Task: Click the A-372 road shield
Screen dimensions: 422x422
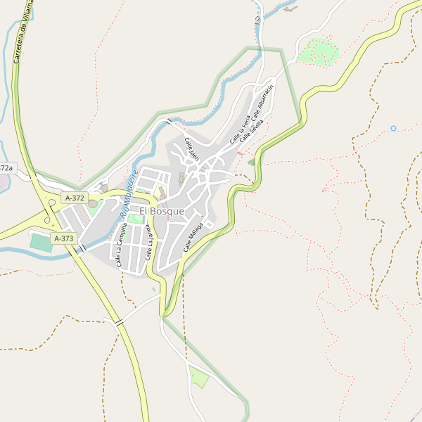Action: pos(74,198)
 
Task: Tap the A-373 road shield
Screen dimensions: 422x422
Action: pos(63,238)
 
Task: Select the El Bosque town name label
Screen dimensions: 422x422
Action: pos(162,211)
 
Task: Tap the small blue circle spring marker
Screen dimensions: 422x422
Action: pos(394,128)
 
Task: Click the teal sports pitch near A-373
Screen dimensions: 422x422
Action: pos(41,242)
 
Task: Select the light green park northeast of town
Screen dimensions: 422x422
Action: pos(319,51)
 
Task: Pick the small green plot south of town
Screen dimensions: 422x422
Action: pos(199,378)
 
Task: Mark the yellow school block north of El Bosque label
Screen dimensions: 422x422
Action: pos(161,192)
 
